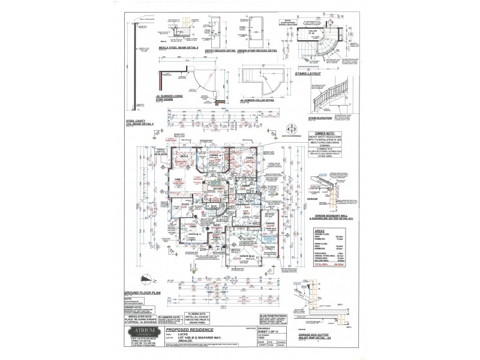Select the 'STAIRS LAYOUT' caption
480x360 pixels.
[x=308, y=74]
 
